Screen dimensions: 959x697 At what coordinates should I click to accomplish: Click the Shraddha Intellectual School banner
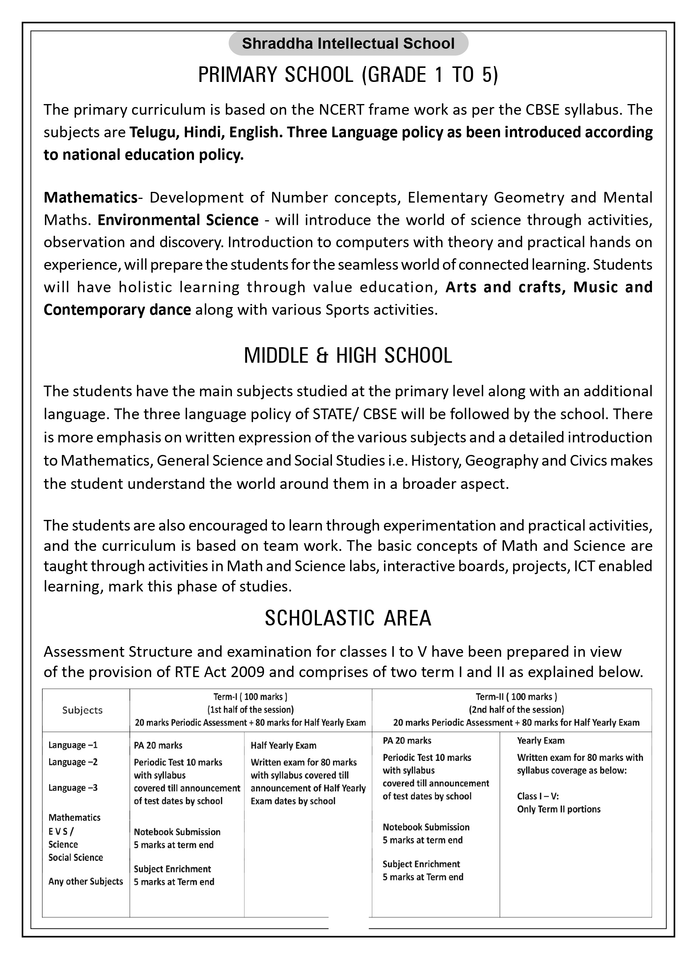(348, 44)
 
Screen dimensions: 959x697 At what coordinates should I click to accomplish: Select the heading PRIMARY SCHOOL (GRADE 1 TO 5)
(348, 75)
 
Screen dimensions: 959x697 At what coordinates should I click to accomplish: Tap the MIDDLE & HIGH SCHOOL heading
(348, 356)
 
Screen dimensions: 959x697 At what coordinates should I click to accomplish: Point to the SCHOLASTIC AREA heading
(348, 618)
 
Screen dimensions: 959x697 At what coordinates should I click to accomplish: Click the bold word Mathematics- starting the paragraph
(91, 197)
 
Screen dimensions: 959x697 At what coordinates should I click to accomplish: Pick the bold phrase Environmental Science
(178, 220)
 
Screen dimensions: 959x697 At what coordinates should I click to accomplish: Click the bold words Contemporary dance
(117, 310)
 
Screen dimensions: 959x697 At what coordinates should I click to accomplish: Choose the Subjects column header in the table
(82, 710)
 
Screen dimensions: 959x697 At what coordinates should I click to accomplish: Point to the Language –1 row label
(73, 745)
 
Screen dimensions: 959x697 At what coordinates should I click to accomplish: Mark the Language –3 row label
(73, 788)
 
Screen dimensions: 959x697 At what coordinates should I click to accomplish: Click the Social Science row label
(76, 858)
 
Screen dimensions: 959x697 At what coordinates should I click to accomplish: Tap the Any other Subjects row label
(86, 882)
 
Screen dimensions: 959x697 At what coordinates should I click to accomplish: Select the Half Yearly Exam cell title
(283, 745)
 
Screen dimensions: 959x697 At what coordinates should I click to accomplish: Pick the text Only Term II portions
(558, 809)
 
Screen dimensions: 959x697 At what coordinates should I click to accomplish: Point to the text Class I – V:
(538, 796)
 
